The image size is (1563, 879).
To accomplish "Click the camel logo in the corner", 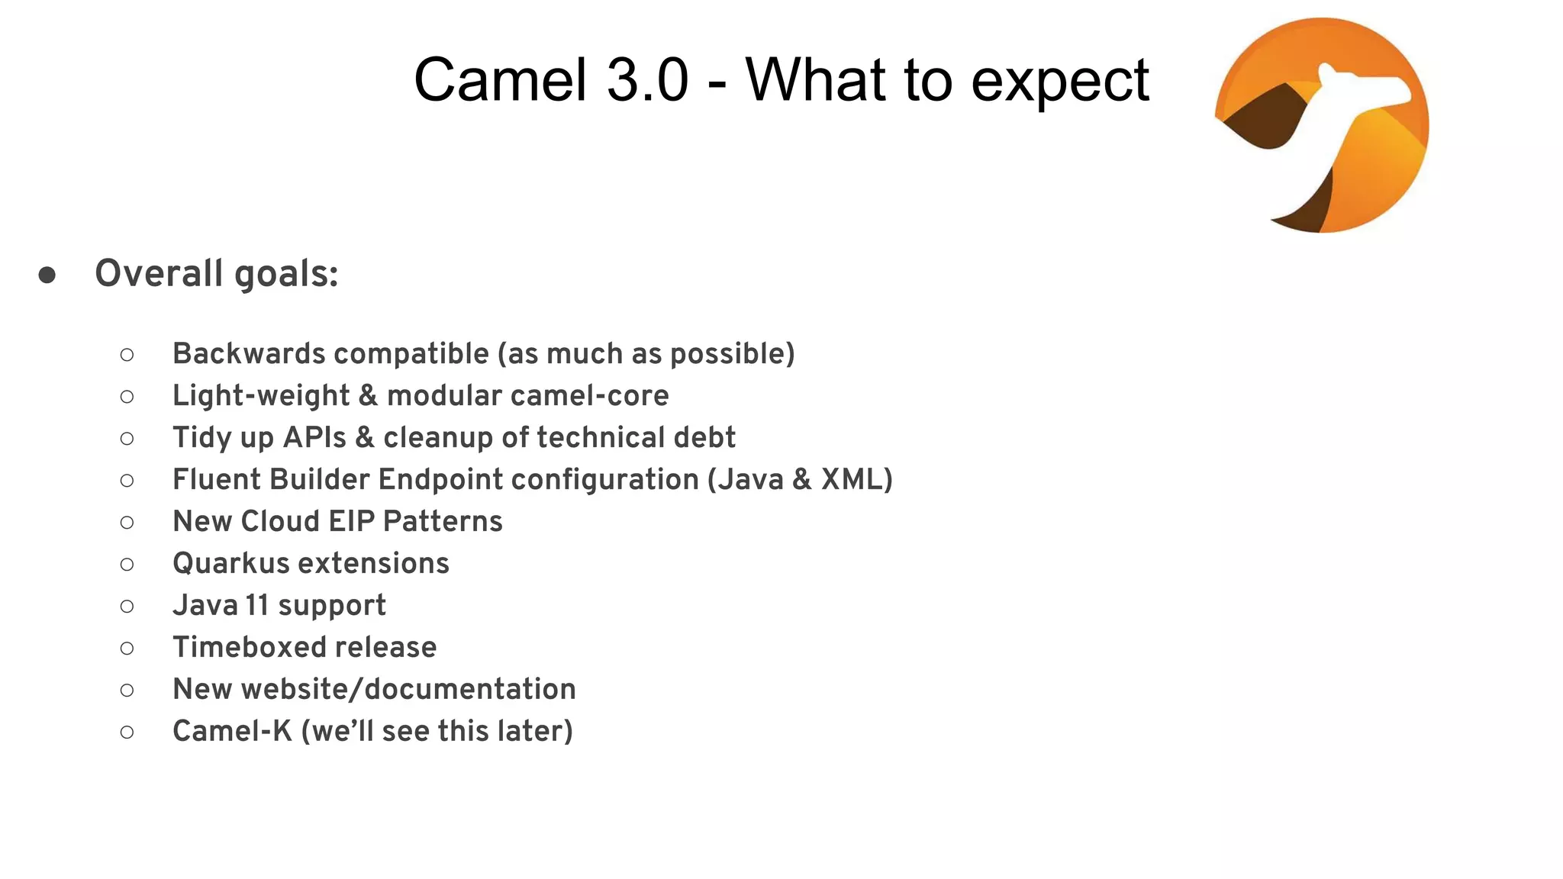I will pos(1322,125).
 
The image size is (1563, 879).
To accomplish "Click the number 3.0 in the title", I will pos(648,80).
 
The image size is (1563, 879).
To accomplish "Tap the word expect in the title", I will pos(1060,82).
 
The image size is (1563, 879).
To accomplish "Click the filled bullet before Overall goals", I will pos(47,275).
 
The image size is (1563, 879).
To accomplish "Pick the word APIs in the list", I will pos(314,437).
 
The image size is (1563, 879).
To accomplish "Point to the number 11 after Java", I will pos(257,605).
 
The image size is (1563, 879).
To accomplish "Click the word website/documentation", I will pos(408,689).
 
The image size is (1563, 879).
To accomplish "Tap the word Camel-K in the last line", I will pos(232,731).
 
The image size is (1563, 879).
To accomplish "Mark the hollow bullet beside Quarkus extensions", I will pos(127,565).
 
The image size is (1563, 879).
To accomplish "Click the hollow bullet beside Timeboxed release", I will pos(127,649).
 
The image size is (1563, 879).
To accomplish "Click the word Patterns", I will pos(443,521).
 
